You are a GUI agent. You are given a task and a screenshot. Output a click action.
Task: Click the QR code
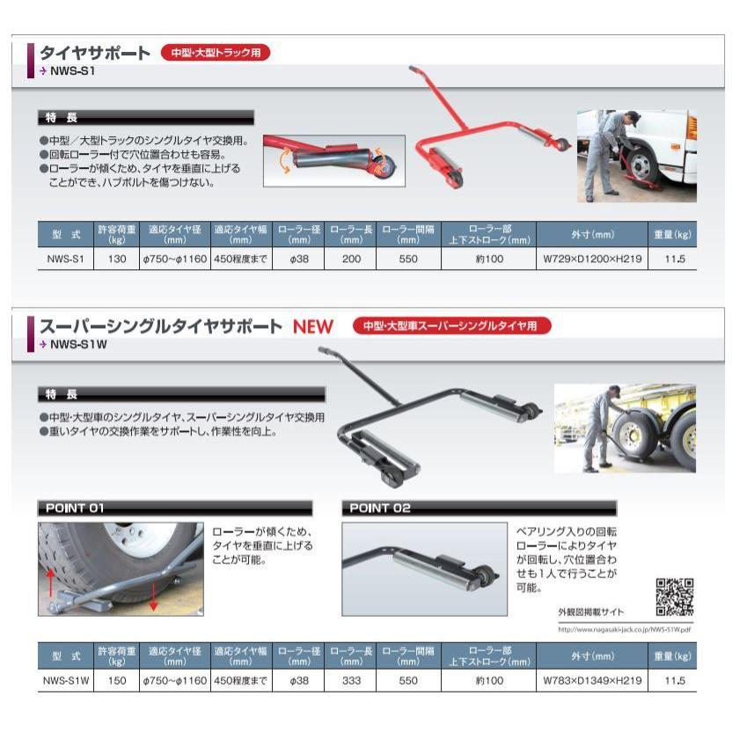click(675, 597)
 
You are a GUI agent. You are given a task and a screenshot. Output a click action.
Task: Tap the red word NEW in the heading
click(314, 327)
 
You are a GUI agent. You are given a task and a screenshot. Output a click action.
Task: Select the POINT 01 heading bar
click(175, 508)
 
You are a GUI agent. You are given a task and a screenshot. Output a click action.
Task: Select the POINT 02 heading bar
click(479, 508)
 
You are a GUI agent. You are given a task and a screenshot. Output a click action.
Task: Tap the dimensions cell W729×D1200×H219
click(590, 260)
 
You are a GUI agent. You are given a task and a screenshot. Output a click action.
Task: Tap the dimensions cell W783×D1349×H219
click(590, 680)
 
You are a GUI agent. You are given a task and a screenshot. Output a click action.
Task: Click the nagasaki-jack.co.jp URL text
click(626, 629)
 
